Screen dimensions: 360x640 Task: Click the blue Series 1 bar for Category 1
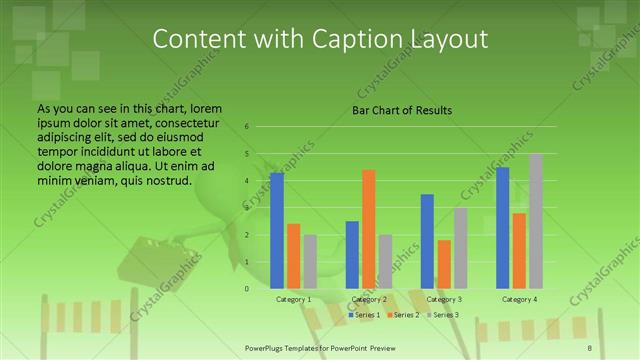277,231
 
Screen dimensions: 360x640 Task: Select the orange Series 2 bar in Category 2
369,229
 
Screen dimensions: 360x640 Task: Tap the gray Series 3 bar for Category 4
536,221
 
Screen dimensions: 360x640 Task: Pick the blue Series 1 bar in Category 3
428,241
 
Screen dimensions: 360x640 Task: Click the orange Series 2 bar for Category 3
444,264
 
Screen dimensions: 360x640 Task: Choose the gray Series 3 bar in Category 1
310,262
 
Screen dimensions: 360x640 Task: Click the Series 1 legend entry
365,315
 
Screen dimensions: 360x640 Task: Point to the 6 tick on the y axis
246,127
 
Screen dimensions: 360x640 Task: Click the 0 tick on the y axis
246,289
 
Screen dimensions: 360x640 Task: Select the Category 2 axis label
369,300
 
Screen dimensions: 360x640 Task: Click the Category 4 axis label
519,300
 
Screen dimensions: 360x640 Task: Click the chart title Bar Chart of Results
402,110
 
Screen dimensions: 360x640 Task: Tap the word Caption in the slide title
352,38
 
